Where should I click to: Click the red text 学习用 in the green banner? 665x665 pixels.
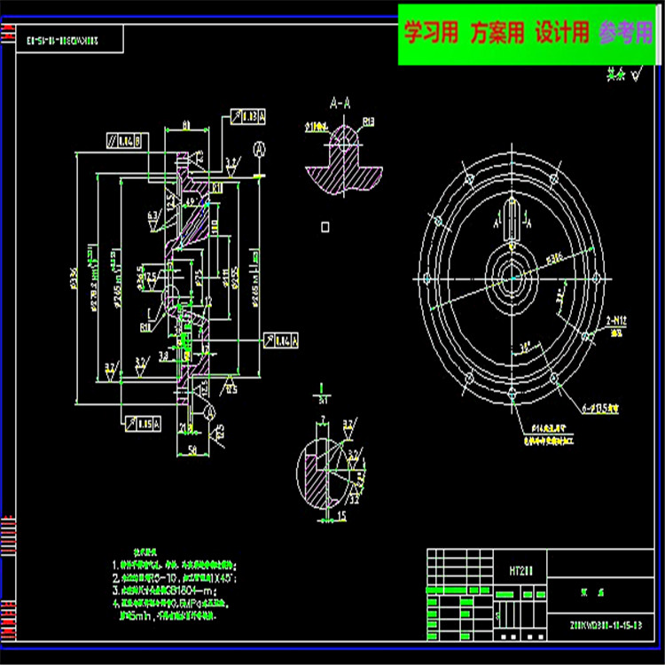(x=432, y=34)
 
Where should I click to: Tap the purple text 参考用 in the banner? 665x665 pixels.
(x=626, y=34)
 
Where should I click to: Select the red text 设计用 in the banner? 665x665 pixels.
(x=562, y=34)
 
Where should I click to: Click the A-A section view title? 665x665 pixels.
(x=339, y=102)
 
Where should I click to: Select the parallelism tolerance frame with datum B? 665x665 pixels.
(x=123, y=140)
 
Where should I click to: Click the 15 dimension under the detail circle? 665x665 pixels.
(x=341, y=513)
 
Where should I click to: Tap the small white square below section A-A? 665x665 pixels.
(x=325, y=227)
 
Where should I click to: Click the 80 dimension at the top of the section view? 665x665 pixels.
(x=184, y=124)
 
